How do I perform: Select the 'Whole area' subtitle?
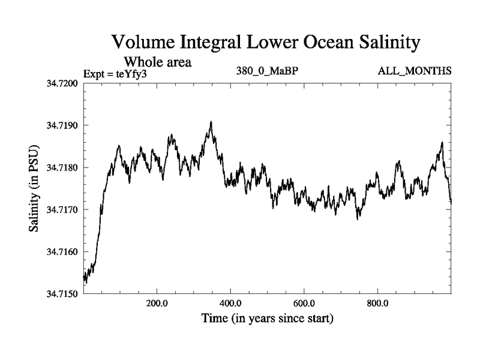pyautogui.click(x=158, y=62)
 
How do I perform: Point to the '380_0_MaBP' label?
pyautogui.click(x=268, y=71)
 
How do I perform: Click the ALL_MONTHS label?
pyautogui.click(x=415, y=71)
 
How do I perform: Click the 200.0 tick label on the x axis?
pyautogui.click(x=157, y=303)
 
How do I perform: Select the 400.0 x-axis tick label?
pyautogui.click(x=231, y=303)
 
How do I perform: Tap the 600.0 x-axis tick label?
pyautogui.click(x=304, y=303)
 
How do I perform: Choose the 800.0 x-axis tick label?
pyautogui.click(x=378, y=303)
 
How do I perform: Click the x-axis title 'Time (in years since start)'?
pyautogui.click(x=268, y=318)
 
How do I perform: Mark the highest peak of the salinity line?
pyautogui.click(x=211, y=122)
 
